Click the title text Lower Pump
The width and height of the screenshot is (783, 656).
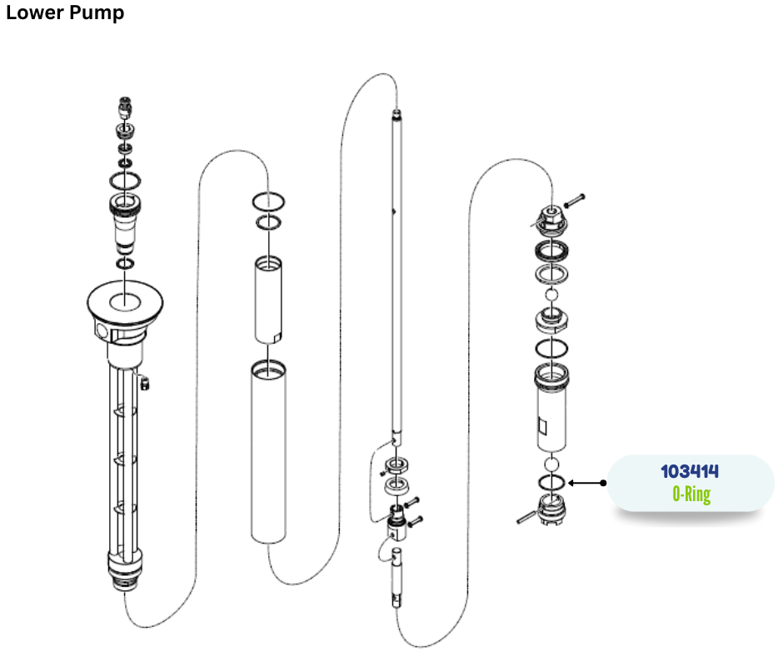pos(65,12)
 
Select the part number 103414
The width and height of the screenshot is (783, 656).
pos(690,471)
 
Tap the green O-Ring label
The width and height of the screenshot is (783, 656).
pos(691,494)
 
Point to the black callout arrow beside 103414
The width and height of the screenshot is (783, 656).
pos(587,483)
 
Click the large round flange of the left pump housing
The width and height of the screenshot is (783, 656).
pos(125,301)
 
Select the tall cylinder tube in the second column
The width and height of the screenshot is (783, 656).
pos(268,452)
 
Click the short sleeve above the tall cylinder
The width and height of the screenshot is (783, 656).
pos(268,300)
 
